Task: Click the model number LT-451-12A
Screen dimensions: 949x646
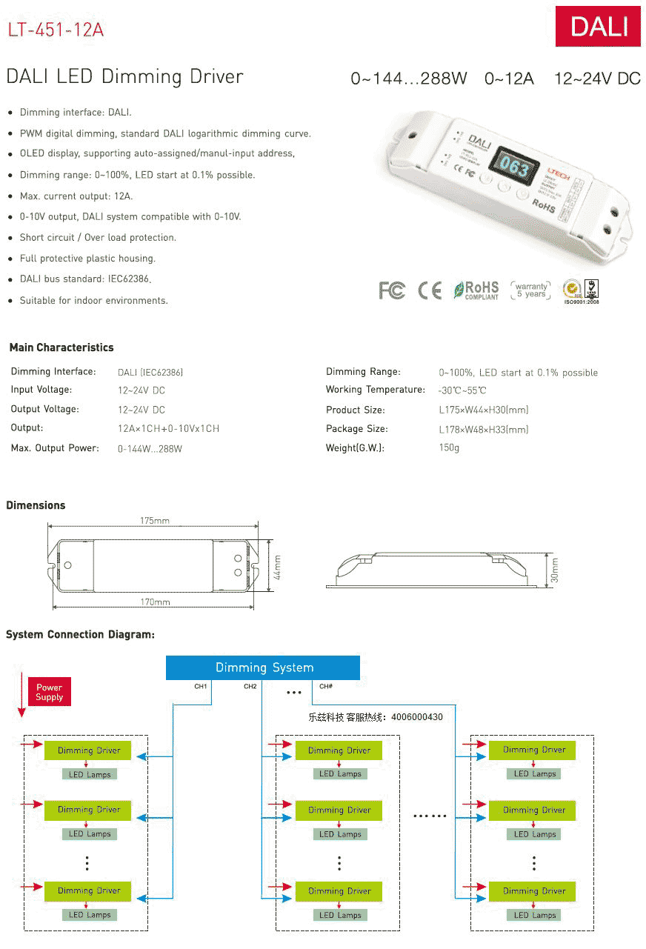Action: click(x=56, y=30)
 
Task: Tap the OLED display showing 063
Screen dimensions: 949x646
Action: click(x=512, y=167)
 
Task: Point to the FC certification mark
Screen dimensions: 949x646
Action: click(x=392, y=290)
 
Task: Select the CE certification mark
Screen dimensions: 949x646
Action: click(x=430, y=290)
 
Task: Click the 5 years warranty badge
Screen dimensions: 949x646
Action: click(x=532, y=290)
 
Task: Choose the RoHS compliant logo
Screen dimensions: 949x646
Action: click(x=476, y=290)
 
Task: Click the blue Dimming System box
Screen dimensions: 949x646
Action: click(x=263, y=667)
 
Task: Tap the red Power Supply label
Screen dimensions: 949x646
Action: click(x=50, y=692)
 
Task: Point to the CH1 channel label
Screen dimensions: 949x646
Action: click(x=201, y=687)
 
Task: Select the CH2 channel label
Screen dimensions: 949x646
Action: click(x=250, y=687)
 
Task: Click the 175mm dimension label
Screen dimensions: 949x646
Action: click(x=155, y=521)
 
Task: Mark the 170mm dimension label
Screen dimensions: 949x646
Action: click(x=155, y=602)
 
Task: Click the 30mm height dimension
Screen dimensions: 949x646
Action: click(x=554, y=570)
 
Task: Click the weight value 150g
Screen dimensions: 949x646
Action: click(x=449, y=448)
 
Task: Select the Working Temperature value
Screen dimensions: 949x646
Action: click(x=462, y=390)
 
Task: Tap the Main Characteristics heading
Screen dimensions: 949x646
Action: click(x=61, y=347)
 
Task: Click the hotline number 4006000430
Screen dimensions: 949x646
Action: click(x=417, y=717)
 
